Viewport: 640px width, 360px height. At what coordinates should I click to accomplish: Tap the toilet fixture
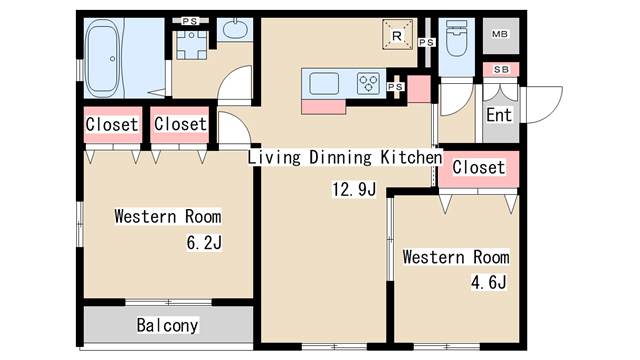pos(456,38)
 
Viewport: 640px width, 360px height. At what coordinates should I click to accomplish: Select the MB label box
pos(500,34)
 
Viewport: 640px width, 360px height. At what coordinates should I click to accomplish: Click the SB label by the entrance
pos(501,69)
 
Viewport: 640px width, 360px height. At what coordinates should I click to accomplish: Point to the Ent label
pos(499,115)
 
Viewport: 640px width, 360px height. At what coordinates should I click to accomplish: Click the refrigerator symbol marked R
pos(397,35)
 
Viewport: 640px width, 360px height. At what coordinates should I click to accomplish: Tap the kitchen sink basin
pos(324,84)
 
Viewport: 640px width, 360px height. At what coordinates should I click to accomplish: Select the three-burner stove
pos(368,83)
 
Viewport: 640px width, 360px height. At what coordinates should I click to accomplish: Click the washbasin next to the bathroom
pos(235,28)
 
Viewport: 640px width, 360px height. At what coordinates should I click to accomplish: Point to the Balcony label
pos(167,325)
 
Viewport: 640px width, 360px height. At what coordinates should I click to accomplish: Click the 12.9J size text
pos(354,189)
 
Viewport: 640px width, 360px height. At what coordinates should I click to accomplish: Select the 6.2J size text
pos(204,243)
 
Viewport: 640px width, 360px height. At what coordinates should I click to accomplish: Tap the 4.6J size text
pos(489,282)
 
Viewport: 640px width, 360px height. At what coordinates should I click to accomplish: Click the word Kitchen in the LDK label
pos(411,158)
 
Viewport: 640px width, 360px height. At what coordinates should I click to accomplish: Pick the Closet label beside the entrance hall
pos(479,167)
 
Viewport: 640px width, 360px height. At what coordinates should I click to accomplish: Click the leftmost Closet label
pos(112,124)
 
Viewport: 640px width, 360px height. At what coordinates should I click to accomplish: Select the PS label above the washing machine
pos(190,21)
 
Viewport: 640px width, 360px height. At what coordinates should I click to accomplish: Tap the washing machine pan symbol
pos(191,45)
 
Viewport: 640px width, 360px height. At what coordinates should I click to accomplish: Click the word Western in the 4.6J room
pos(433,257)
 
